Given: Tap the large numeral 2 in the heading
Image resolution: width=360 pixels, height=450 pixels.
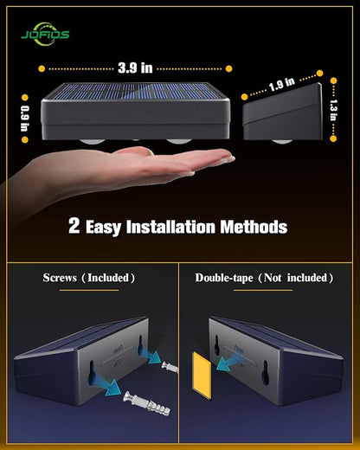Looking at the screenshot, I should coord(75,227).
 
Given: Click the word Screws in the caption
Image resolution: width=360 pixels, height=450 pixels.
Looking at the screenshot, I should coord(65,278).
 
